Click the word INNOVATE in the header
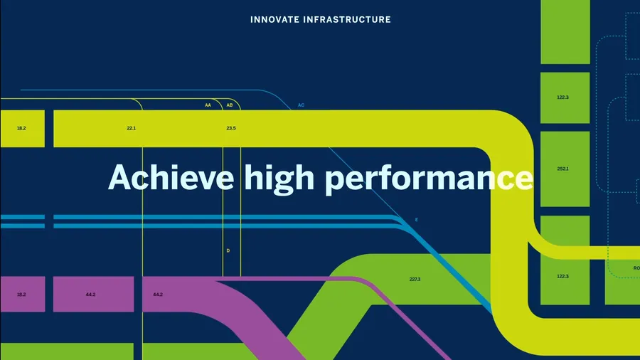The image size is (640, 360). coord(274,20)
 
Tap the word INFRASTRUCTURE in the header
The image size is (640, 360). coord(347,20)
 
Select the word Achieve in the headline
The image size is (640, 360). coord(171,178)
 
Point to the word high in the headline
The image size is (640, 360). coord(279,179)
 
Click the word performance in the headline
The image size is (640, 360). coord(429,179)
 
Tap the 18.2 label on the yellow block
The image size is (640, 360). coord(21,128)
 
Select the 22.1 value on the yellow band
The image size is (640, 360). coord(131,128)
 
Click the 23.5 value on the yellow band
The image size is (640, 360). coord(231,128)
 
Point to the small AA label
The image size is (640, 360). coord(208,105)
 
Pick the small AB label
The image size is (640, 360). coord(230,105)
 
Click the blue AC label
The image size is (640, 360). coord(301,105)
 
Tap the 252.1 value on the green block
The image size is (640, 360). coord(563,169)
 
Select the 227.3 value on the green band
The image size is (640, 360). coord(415,279)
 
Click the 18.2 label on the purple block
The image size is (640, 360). coord(21,295)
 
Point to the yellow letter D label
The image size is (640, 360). coord(228,250)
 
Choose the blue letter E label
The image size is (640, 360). coord(416,220)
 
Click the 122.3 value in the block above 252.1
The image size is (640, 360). coord(563,97)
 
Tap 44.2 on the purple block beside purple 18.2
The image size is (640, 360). coord(90,295)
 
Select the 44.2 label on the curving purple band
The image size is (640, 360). coord(158,295)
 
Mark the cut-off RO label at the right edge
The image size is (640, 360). coord(636,268)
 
